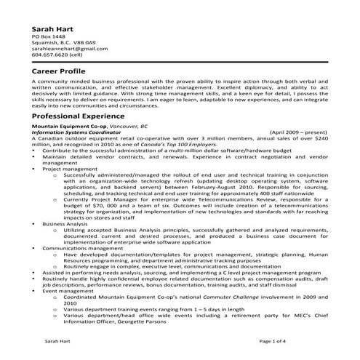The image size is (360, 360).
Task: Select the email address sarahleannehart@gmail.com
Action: point(64,48)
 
